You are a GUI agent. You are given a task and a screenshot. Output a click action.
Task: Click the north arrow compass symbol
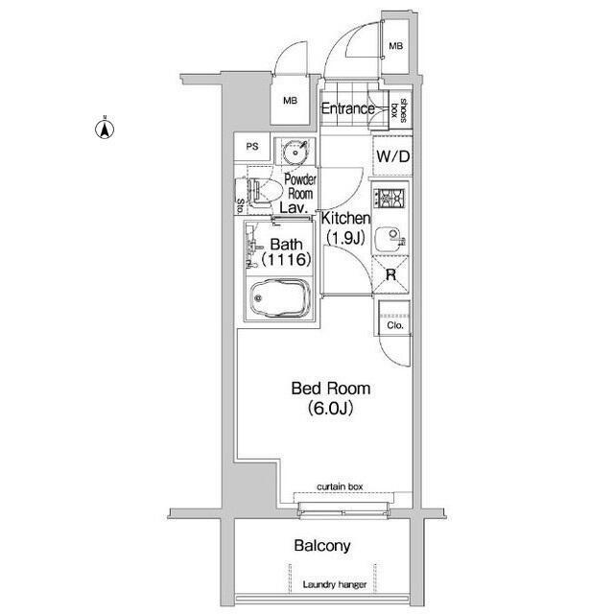(x=105, y=129)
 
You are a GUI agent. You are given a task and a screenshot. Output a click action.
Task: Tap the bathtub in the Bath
(x=280, y=298)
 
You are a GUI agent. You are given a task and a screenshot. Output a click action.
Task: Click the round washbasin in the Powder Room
(x=294, y=152)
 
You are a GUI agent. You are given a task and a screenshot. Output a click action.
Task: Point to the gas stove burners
(x=389, y=199)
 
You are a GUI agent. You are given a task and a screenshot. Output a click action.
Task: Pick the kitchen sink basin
(x=390, y=239)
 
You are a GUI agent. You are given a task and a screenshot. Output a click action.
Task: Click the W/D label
(x=392, y=156)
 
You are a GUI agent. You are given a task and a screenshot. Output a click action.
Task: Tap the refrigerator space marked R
(x=390, y=274)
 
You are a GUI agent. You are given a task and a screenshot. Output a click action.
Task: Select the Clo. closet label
(x=394, y=325)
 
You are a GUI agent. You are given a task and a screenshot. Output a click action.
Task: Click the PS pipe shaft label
(x=252, y=147)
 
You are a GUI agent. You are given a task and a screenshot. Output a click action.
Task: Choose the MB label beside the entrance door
(x=395, y=46)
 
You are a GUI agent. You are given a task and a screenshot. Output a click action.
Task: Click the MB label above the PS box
(x=290, y=101)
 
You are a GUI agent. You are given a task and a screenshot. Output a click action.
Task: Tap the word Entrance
(x=347, y=108)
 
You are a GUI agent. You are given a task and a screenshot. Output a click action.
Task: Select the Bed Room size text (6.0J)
(x=331, y=408)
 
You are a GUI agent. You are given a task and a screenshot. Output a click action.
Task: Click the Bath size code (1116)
(x=286, y=259)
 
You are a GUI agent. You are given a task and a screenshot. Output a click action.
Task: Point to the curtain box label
(x=340, y=486)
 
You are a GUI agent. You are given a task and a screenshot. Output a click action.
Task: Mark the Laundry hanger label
(x=335, y=584)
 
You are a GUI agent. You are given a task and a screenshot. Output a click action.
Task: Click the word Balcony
(x=322, y=546)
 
